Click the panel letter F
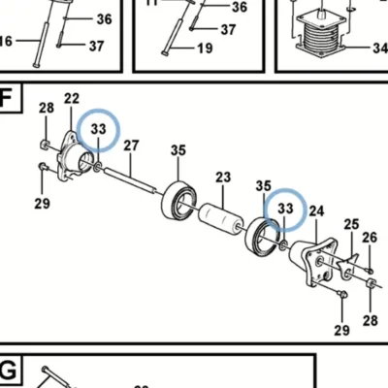click(7, 97)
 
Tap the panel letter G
click(8, 372)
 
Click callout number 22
click(72, 98)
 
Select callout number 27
click(131, 145)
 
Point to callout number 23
click(223, 178)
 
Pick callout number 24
click(316, 210)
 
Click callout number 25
click(351, 224)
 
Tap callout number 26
click(370, 238)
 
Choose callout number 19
click(205, 48)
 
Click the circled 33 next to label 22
click(99, 129)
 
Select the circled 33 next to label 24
click(285, 209)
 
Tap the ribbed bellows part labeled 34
click(320, 36)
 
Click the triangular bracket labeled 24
click(311, 261)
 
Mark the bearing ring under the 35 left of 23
click(179, 201)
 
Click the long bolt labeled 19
click(175, 37)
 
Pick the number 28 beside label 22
click(47, 108)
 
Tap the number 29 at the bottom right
click(342, 331)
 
